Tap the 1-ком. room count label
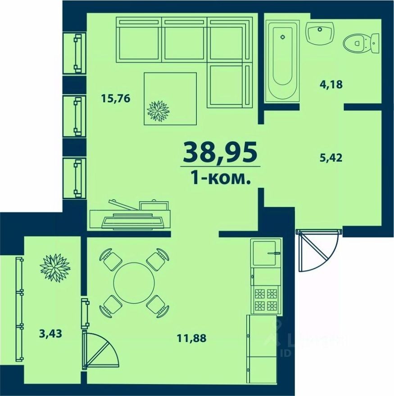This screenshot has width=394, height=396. pos(220,179)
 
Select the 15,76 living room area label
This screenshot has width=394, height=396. pos(116,99)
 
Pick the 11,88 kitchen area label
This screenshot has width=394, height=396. pos(191,338)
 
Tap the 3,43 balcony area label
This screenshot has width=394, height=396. pos(50,334)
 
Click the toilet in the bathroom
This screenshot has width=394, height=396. pos(360,44)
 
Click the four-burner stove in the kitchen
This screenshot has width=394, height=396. pos(266,301)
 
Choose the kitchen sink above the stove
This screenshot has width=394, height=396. pos(265,253)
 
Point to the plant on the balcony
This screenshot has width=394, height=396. pos(55,268)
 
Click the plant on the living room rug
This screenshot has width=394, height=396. pos(158,111)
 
